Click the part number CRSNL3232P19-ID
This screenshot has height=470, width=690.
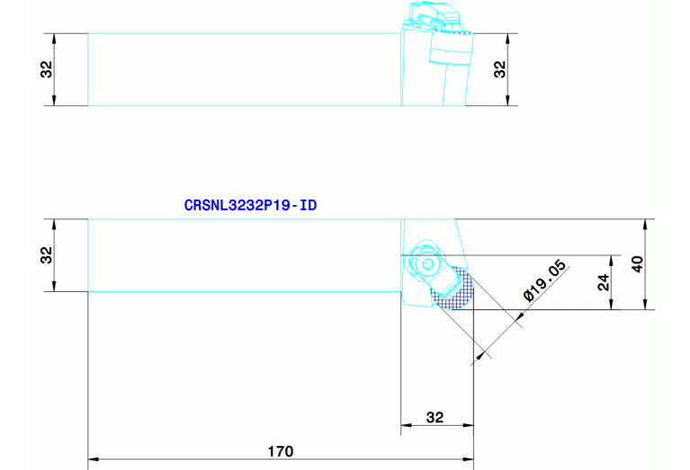(250, 206)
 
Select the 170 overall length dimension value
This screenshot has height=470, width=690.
(281, 449)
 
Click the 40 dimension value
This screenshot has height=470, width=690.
(638, 264)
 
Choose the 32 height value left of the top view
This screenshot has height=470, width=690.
(46, 69)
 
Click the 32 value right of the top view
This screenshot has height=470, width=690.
(501, 69)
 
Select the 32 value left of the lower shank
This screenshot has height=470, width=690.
(46, 255)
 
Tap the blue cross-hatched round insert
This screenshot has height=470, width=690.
(453, 289)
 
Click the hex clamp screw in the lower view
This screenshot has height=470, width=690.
(425, 263)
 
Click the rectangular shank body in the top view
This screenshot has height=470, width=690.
(243, 69)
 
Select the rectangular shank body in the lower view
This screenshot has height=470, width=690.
(243, 255)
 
